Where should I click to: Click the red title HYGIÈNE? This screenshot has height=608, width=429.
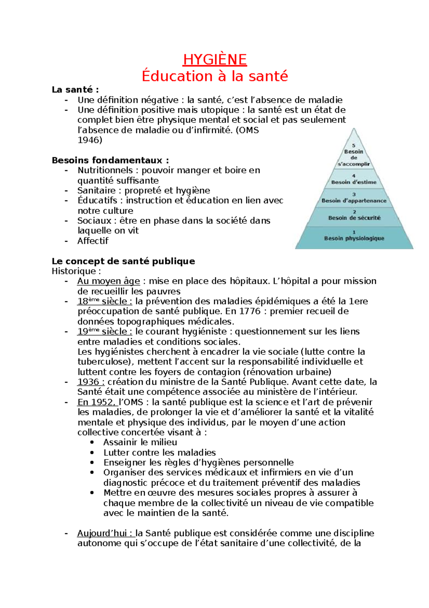coord(214,59)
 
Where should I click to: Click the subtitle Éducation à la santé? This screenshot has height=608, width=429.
coord(214,76)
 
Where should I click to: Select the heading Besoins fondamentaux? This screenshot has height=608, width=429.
coord(110,160)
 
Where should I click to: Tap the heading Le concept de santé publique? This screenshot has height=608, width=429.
coord(123,261)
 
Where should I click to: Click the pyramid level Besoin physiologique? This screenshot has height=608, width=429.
coord(354,238)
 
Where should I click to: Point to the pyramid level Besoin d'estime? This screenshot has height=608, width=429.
coord(354,182)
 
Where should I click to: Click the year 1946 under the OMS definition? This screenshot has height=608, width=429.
coord(90,140)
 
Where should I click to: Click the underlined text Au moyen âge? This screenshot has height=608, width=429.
coord(108,281)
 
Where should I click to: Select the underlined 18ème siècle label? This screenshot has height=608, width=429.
coord(104,301)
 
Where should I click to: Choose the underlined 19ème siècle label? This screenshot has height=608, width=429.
coord(104,332)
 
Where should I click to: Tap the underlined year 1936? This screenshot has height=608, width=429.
coord(91,382)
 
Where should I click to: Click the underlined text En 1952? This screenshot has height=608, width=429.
coord(95,402)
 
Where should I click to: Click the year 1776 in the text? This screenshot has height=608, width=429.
coord(250,311)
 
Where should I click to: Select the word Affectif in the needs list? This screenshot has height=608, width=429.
coord(93,241)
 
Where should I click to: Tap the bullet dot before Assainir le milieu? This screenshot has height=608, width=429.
coord(92,443)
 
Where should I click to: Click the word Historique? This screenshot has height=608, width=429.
coord(74,271)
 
